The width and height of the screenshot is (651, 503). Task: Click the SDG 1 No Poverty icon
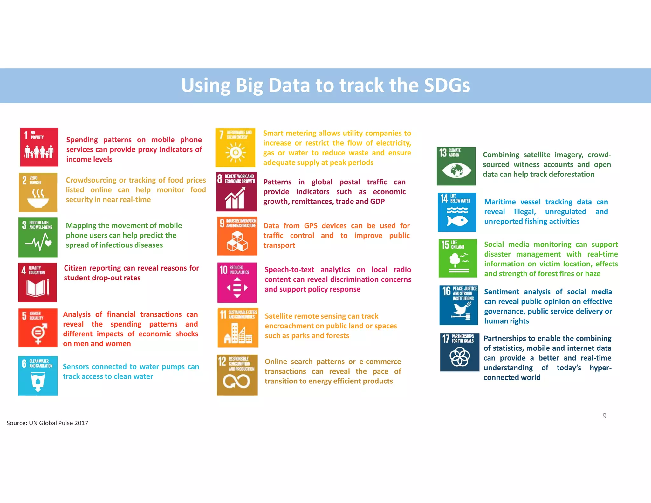pos(39,147)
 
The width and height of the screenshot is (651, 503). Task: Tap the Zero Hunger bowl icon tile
pos(38,192)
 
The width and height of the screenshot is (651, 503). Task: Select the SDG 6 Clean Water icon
pos(38,376)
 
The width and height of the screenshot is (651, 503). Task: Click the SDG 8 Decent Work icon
pos(236,192)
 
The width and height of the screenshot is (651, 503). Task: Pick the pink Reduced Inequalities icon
pos(237,282)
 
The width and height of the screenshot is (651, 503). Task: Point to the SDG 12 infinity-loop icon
pos(237,375)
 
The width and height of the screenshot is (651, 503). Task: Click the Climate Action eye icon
pos(456,166)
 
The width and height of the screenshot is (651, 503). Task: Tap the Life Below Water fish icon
pos(457,212)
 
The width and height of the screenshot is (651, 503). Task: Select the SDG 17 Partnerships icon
pos(460,352)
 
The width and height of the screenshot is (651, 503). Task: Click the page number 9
pos(604,416)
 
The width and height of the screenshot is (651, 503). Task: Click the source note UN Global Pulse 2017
pos(47,423)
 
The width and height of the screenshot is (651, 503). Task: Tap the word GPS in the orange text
pos(311,226)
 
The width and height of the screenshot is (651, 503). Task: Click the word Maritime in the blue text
pos(500,202)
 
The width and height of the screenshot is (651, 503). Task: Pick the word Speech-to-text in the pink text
pos(289,270)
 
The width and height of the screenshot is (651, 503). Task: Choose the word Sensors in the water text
pos(76,367)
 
